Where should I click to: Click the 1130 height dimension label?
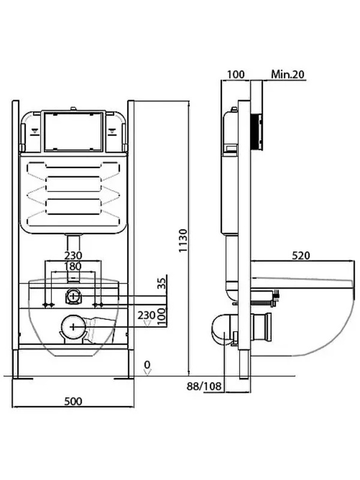click(183, 241)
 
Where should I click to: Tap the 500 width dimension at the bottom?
click(73, 401)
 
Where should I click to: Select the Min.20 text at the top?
click(288, 74)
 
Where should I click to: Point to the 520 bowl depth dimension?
click(301, 256)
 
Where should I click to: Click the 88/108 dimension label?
click(204, 386)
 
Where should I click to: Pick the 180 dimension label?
click(73, 266)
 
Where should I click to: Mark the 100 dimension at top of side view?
click(236, 74)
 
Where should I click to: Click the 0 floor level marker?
click(148, 365)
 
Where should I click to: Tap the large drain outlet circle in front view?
click(73, 327)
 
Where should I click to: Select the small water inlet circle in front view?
click(73, 296)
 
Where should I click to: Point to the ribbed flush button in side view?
click(257, 132)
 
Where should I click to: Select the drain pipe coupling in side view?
click(262, 327)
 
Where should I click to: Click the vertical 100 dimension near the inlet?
click(163, 316)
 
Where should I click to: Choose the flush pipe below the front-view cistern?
click(73, 244)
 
